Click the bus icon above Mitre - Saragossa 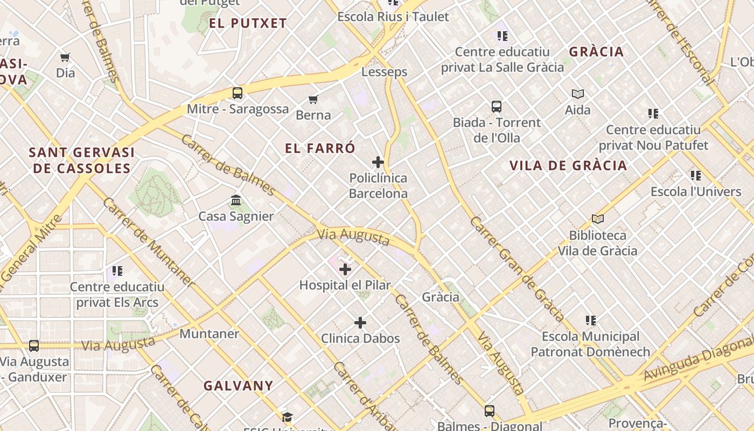238,93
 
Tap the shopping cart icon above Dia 65,57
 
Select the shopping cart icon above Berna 313,99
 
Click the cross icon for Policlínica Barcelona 378,162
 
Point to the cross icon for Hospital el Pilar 345,269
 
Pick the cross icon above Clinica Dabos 360,323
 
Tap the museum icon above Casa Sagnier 236,200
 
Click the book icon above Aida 578,94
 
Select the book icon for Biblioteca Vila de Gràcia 597,219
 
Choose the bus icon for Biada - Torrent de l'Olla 496,107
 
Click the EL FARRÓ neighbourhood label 320,148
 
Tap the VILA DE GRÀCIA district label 568,165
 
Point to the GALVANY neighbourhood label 238,386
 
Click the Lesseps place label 384,72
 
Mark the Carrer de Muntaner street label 148,242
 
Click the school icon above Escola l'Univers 696,176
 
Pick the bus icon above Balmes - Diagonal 489,411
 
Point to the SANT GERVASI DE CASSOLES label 82,161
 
